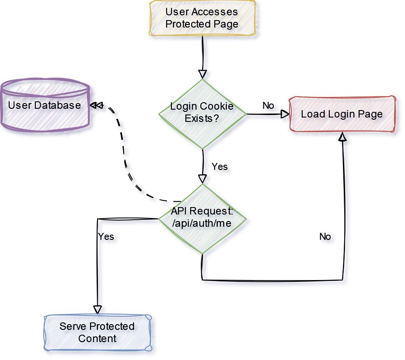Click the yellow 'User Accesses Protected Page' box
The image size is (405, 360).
click(x=202, y=18)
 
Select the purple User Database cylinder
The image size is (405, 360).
click(x=45, y=105)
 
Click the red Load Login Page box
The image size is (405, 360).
click(x=342, y=114)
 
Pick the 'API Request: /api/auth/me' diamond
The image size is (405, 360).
click(x=202, y=218)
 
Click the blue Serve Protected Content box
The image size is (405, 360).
click(x=97, y=332)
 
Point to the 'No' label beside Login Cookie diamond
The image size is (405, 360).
click(x=268, y=106)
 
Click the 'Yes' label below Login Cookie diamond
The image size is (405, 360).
click(x=220, y=167)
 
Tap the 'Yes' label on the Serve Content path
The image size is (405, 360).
click(x=106, y=236)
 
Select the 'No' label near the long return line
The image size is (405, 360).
click(x=325, y=237)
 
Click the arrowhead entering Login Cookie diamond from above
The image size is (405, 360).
click(x=202, y=73)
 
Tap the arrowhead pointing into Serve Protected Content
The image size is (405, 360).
click(x=97, y=308)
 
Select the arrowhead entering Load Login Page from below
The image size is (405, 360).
click(x=342, y=137)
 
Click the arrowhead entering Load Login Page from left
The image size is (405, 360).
click(x=285, y=114)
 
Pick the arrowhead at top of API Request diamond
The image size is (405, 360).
click(x=202, y=178)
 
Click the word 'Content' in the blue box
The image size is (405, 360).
click(x=97, y=339)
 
